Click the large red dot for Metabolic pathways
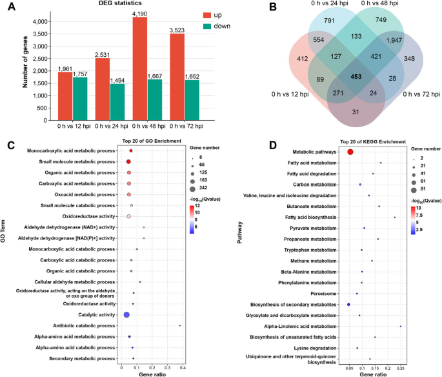pos(350,152)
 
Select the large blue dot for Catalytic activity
pos(126,314)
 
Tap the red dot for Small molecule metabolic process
pos(128,161)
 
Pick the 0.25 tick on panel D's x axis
pos(401,368)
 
